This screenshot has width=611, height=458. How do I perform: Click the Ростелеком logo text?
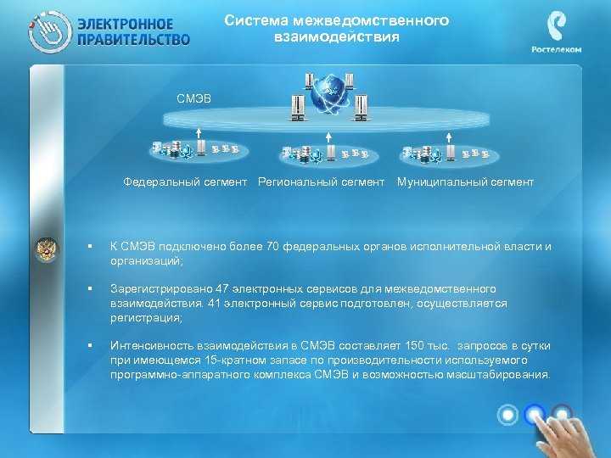pos(556,49)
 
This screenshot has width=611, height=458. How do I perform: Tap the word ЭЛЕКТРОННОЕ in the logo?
pos(125,24)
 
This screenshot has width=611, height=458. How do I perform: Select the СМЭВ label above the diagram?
pos(193,98)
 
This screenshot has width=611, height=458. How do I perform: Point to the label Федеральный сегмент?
pos(185,182)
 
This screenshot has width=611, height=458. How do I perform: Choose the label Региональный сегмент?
pos(321,182)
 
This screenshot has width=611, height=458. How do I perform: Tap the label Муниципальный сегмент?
pos(465,182)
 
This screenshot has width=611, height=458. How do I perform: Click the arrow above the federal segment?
pos(199,133)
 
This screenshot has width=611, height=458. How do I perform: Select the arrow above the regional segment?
pos(328,137)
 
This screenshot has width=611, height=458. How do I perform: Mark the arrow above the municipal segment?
pos(449,137)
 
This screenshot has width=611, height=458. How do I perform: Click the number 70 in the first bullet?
pos(272,247)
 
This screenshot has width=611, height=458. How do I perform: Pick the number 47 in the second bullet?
pos(221,289)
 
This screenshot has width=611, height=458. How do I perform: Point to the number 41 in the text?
pos(214,304)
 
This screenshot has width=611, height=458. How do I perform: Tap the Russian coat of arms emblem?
pos(47,249)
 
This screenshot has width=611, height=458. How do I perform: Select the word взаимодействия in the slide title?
pos(337,37)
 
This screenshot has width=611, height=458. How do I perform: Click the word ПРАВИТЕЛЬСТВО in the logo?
pos(134,40)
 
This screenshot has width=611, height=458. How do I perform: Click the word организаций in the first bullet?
pos(145,261)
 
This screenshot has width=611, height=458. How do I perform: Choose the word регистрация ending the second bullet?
pos(145,318)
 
